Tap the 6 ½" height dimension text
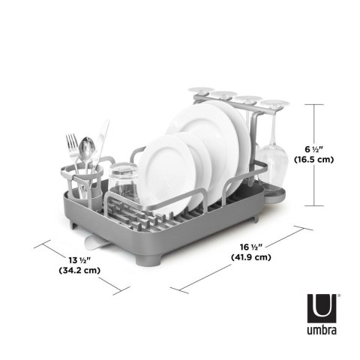(x=312, y=148)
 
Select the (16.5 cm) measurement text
(x=313, y=160)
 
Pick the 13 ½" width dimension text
(x=70, y=259)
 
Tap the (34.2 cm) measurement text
(x=70, y=271)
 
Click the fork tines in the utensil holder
(x=72, y=142)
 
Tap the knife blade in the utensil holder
(x=102, y=135)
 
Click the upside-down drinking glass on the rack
(x=124, y=183)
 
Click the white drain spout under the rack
(x=94, y=241)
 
